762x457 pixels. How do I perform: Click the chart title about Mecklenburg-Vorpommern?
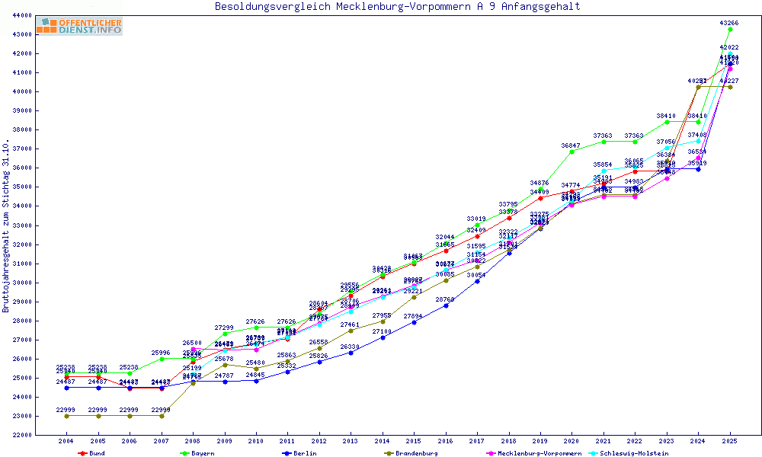397,7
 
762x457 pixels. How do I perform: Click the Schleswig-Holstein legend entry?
634,453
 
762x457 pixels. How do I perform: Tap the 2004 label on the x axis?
66,441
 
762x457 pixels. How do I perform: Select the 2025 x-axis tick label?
730,441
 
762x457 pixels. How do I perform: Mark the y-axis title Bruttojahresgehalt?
6,226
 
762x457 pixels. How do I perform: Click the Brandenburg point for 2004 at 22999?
66,416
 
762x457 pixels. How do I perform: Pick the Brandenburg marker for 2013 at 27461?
351,331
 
